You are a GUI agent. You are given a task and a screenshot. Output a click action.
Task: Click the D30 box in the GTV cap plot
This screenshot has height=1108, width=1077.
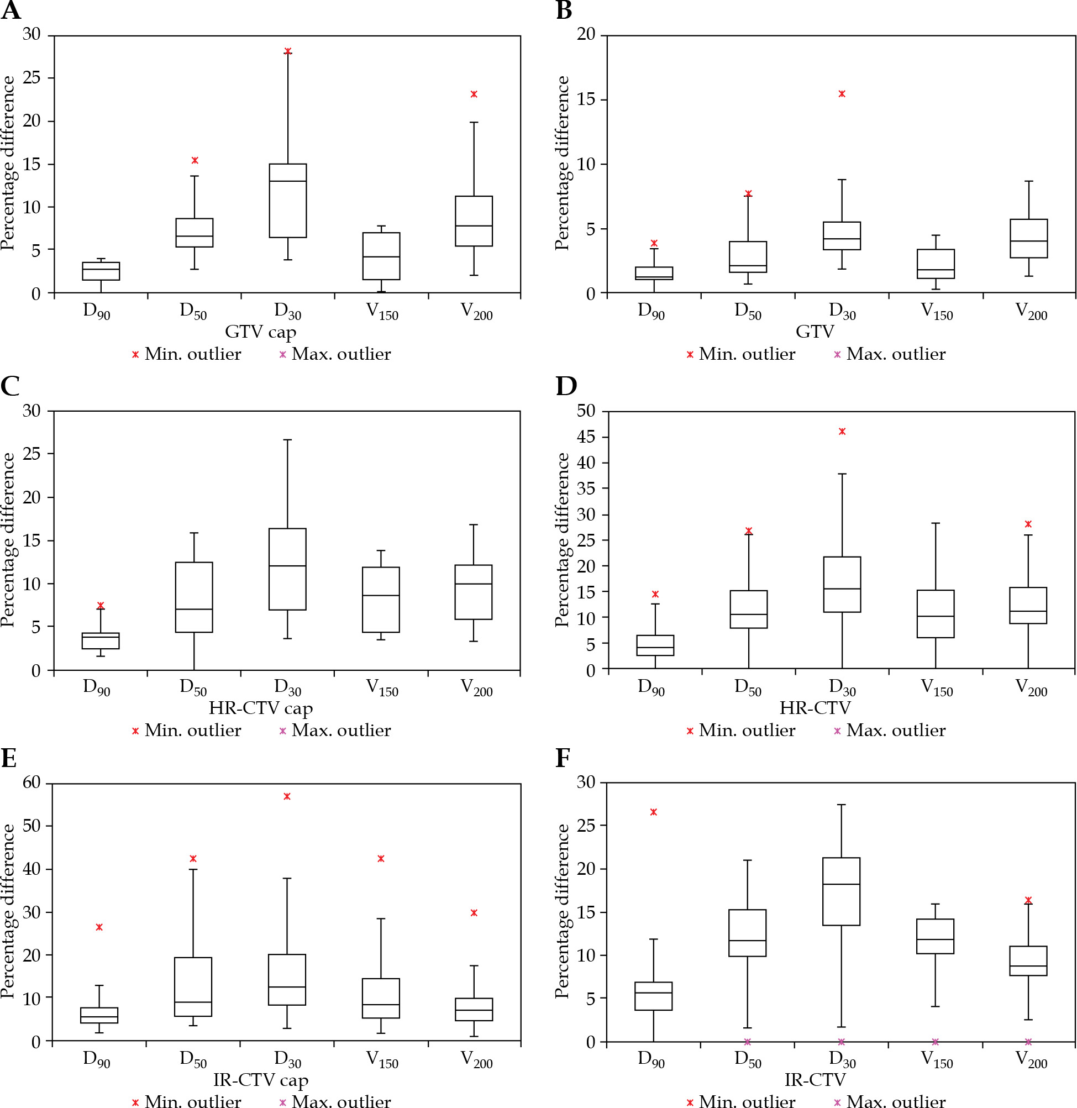coord(287,201)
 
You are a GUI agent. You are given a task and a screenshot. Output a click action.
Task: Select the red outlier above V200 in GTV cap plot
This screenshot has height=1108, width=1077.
coord(474,94)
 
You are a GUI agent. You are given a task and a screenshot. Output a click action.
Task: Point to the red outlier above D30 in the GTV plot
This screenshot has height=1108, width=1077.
coord(842,94)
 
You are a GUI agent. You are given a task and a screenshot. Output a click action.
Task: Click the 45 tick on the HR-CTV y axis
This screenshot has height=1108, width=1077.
coord(585,437)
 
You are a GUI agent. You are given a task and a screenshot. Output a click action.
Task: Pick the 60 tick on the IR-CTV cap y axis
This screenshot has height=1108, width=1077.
coord(31,783)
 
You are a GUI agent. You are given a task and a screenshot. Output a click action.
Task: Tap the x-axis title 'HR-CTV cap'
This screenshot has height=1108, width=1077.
coord(261,708)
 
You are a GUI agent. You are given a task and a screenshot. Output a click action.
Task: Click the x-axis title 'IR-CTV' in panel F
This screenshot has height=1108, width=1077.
coord(815,1080)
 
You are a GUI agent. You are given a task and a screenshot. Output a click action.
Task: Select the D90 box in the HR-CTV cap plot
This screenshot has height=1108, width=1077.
coord(101,641)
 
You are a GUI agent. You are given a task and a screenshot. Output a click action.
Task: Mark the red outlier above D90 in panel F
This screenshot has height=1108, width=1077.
coord(654,812)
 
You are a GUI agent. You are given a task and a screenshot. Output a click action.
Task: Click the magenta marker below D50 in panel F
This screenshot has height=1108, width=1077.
coord(747,1042)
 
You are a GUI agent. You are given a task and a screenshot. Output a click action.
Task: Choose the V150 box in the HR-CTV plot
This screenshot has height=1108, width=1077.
coord(936,613)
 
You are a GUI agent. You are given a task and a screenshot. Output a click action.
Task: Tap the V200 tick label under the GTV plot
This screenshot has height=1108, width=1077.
coord(1031,312)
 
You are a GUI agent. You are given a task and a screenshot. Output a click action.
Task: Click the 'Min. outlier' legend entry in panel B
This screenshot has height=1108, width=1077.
coord(741,355)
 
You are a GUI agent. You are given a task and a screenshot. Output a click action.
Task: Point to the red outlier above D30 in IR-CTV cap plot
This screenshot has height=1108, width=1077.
coord(287,797)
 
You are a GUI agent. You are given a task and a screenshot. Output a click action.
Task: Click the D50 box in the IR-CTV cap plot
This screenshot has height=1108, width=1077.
coord(193,987)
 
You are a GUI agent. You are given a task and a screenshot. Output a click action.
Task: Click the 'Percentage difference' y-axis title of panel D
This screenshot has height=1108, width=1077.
coord(562,539)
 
